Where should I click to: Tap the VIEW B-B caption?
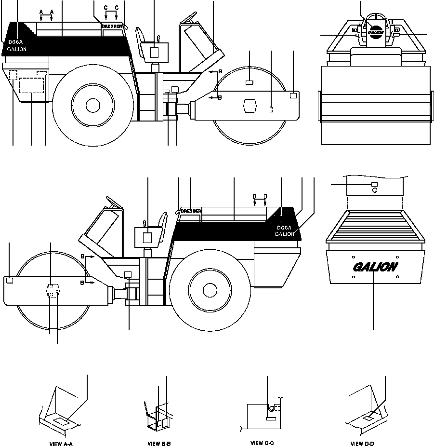159,443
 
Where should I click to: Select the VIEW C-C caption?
262,442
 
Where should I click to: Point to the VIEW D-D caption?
363,443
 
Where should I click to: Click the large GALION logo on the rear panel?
375,267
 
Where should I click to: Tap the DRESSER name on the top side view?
112,26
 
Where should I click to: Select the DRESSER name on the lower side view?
191,211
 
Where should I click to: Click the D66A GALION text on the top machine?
17,46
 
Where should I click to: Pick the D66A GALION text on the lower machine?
285,231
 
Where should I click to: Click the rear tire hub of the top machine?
92,104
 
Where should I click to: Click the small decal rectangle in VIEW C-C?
271,419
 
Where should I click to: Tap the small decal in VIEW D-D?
368,418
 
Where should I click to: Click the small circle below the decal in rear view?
375,190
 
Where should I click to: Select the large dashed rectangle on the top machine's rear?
31,85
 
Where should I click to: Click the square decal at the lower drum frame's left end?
9,279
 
